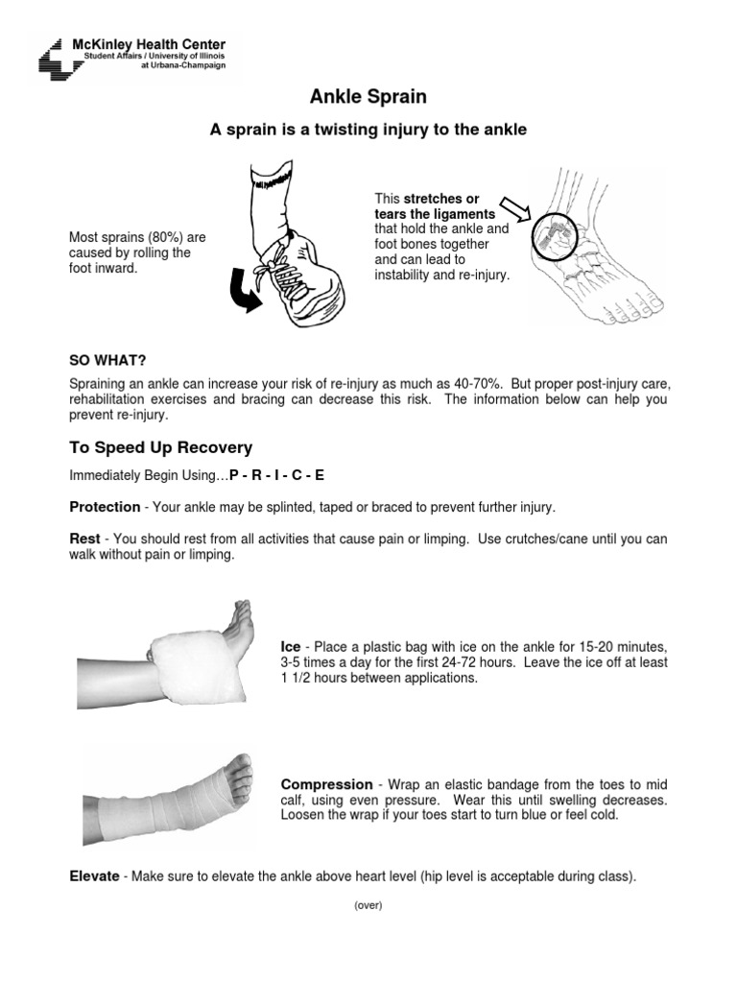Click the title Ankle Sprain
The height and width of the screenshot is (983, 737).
point(368,97)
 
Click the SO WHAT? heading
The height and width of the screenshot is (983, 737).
point(107,360)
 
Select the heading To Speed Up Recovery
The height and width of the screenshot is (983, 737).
point(160,447)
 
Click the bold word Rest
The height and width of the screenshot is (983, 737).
point(84,539)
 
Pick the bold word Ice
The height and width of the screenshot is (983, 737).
point(290,647)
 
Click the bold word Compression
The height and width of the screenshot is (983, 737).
point(326,784)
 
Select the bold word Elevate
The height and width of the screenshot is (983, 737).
point(94,876)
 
